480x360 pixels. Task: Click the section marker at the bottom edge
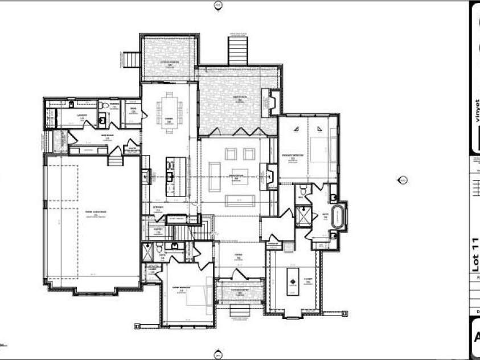(x=216, y=354)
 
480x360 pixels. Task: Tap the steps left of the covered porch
(x=134, y=59)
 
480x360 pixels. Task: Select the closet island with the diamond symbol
(x=293, y=281)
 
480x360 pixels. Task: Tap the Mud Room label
(x=104, y=136)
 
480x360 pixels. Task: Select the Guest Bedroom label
(x=182, y=288)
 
